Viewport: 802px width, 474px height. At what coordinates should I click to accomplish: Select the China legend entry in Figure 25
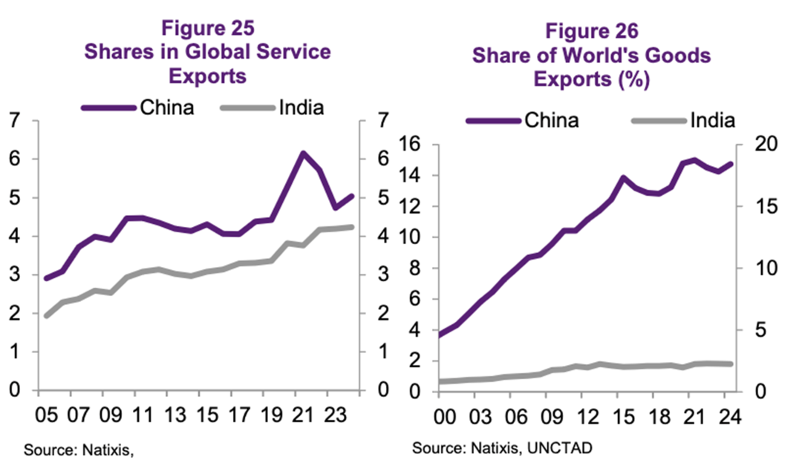click(x=166, y=108)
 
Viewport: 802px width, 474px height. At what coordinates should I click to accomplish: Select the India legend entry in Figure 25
click(x=301, y=108)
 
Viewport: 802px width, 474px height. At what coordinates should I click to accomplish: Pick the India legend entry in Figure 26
click(x=711, y=119)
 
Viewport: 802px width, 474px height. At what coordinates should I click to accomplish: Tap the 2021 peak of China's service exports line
click(x=302, y=154)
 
